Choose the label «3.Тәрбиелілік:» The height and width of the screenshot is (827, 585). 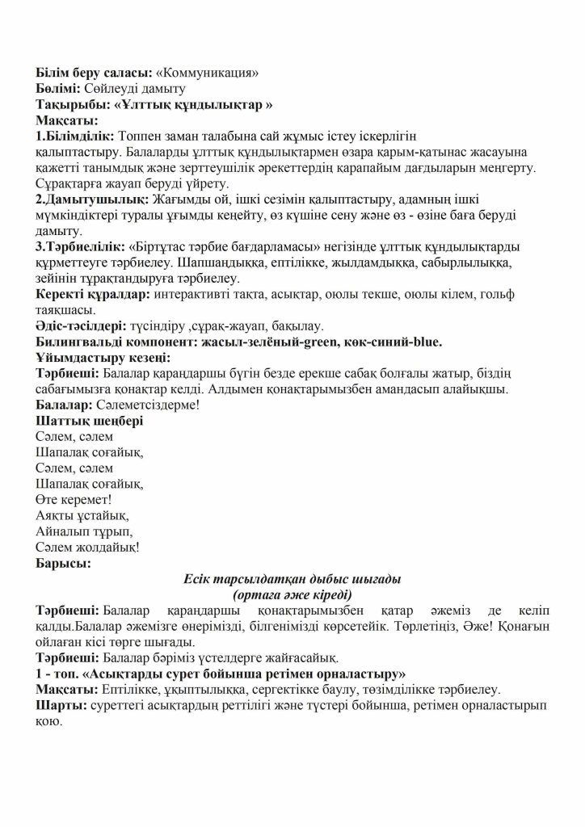tap(81, 246)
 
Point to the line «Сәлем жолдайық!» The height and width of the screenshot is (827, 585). tap(87, 547)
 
